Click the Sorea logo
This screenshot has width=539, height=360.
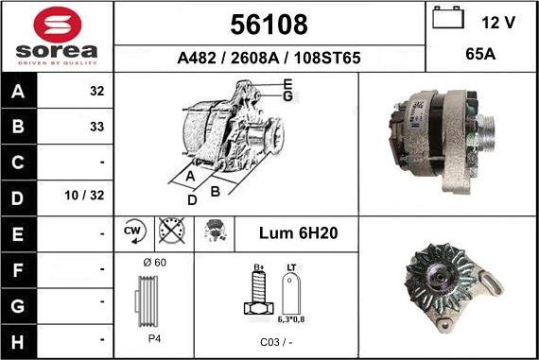point(57,36)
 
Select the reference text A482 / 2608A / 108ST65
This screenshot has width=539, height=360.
point(269,59)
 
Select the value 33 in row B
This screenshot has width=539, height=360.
point(96,125)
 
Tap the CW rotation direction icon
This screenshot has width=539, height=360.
point(133,231)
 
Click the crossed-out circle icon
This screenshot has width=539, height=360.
point(172,231)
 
